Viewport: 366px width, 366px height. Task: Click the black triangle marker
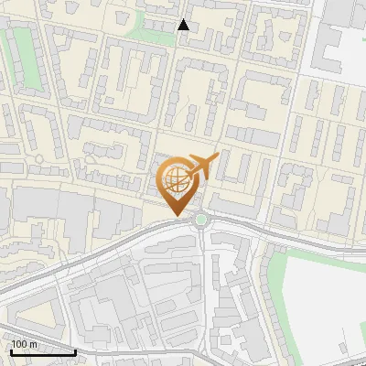[183, 25]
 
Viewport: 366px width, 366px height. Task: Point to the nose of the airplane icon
[217, 157]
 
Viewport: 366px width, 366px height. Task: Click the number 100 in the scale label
[19, 343]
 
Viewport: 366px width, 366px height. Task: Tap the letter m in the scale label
[32, 343]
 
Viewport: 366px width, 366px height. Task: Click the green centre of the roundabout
[199, 219]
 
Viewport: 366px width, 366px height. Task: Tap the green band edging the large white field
[275, 274]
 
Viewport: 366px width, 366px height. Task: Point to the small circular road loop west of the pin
[39, 159]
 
